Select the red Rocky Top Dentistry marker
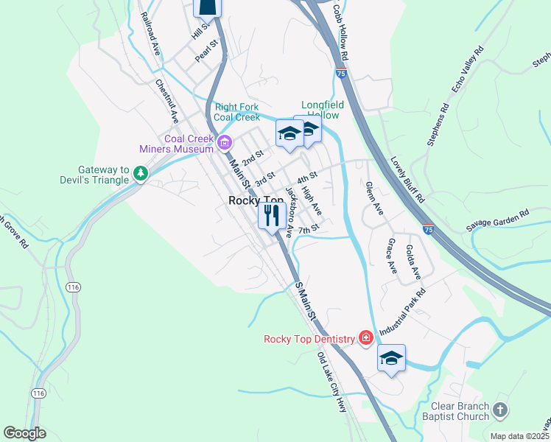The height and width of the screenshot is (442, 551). point(365,338)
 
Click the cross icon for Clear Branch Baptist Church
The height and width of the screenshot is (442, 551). point(500,410)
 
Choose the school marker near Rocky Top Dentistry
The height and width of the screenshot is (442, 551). point(392,358)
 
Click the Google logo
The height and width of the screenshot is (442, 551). point(24,433)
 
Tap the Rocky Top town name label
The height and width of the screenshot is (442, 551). point(256,200)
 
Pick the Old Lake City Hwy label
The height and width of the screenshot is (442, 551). point(331,382)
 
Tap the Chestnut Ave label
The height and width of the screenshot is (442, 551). point(168,101)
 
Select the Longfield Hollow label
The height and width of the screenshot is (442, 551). point(320,110)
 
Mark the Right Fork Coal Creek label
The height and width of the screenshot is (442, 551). point(236,112)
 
